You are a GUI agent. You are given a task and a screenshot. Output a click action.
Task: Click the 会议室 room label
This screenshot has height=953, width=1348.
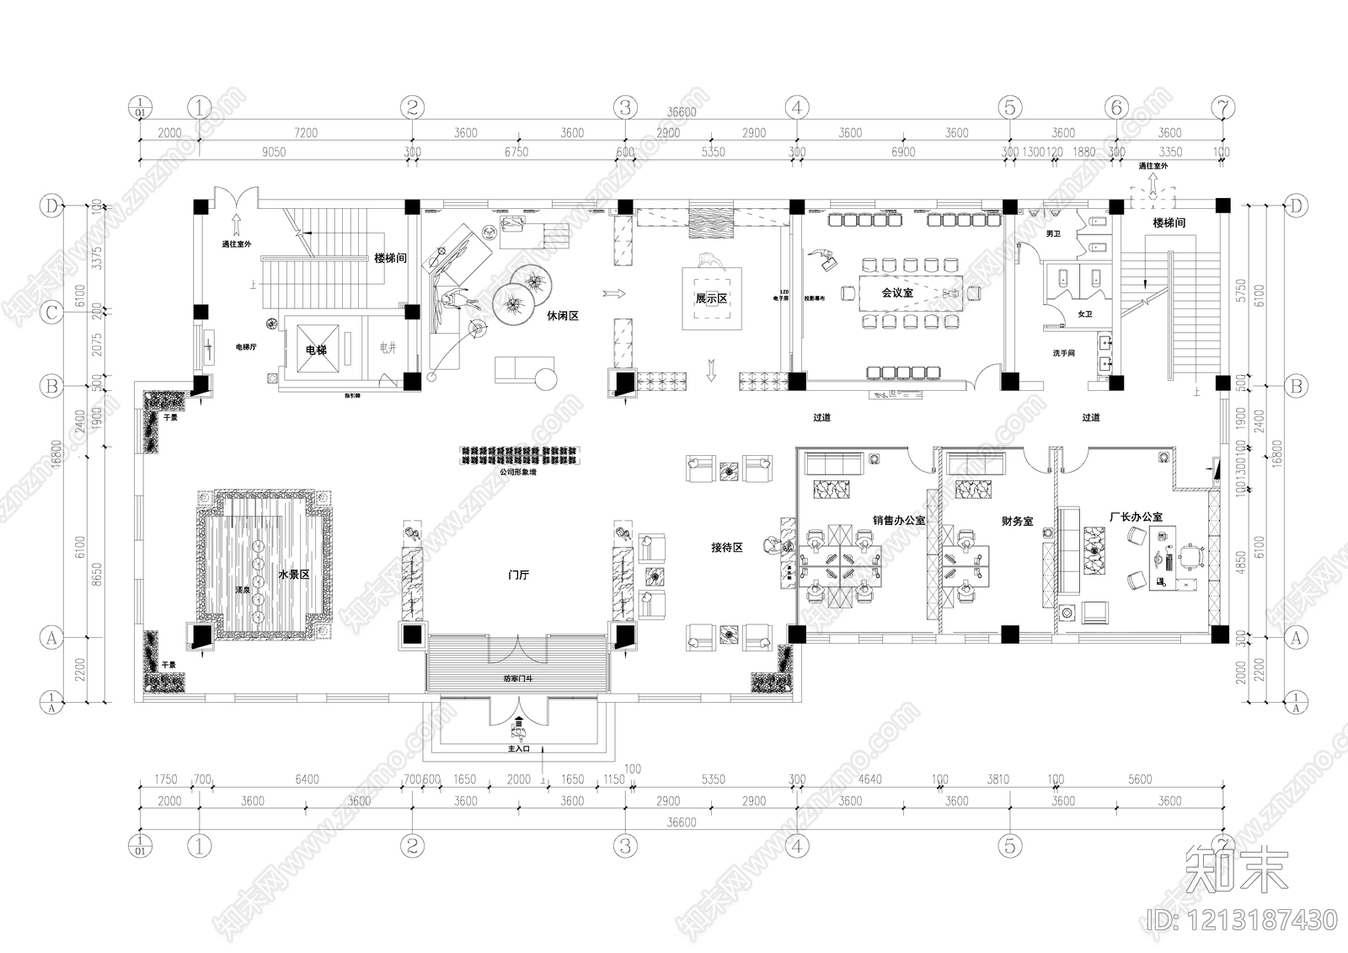(897, 293)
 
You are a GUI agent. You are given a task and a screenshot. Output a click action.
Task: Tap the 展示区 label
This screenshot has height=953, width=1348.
(711, 299)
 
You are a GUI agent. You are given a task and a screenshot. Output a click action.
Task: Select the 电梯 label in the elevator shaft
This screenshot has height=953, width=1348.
(316, 350)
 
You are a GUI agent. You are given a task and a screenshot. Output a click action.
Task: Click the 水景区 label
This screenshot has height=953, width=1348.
(294, 575)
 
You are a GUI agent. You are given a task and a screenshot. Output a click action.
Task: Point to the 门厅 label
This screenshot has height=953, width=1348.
(518, 575)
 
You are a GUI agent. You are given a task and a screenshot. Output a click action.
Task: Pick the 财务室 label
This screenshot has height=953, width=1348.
(1017, 522)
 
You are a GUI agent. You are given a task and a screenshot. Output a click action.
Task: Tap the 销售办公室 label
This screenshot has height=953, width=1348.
(898, 521)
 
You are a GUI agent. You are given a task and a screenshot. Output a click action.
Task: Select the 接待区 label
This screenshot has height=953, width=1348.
(726, 548)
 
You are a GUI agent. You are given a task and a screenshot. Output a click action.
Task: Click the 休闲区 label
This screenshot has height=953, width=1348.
(563, 316)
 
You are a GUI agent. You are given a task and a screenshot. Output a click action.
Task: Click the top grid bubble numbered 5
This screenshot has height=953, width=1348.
(1009, 107)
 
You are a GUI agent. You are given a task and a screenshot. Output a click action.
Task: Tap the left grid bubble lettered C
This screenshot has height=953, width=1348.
(52, 313)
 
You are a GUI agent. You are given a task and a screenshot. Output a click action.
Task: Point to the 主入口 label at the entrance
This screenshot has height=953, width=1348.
(517, 747)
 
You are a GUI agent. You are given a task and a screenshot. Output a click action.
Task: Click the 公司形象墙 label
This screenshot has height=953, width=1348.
(517, 473)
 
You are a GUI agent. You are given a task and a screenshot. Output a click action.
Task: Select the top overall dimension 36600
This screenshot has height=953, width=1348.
(682, 112)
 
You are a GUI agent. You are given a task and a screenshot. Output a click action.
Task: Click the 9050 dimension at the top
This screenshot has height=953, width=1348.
(274, 153)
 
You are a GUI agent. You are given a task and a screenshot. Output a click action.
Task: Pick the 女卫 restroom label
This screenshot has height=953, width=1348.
(1084, 314)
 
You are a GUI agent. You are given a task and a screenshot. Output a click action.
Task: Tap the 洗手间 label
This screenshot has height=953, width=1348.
(1063, 353)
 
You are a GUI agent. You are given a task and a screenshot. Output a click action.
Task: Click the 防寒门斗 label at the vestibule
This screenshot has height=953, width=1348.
(517, 677)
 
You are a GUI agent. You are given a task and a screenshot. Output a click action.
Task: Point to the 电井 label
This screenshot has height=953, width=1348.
(387, 348)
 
